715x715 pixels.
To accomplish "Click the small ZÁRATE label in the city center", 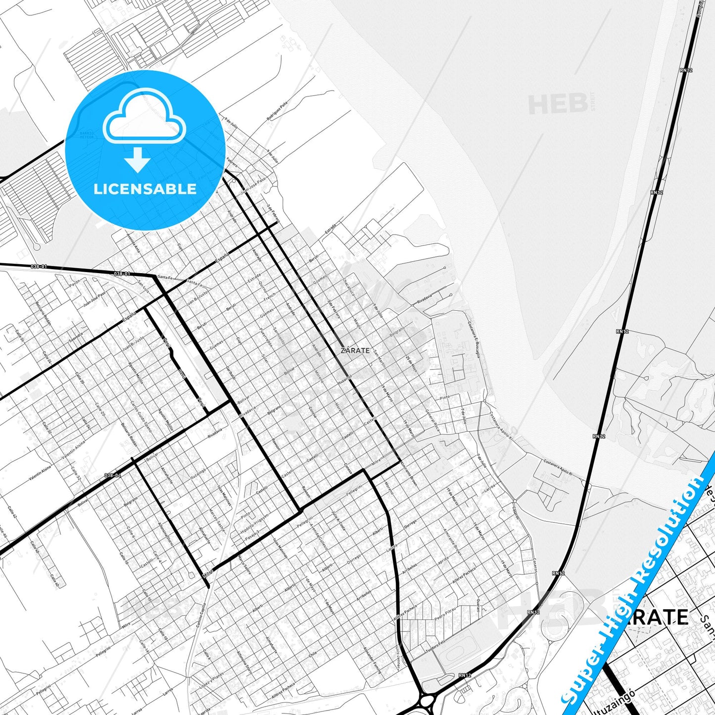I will [x=355, y=350].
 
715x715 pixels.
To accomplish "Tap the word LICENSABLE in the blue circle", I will [x=145, y=189].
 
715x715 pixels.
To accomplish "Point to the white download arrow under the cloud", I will [x=138, y=159].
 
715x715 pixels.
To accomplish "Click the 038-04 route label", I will [x=113, y=476].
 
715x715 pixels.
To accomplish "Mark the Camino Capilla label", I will [x=200, y=616].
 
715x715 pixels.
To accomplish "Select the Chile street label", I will [x=313, y=654].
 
